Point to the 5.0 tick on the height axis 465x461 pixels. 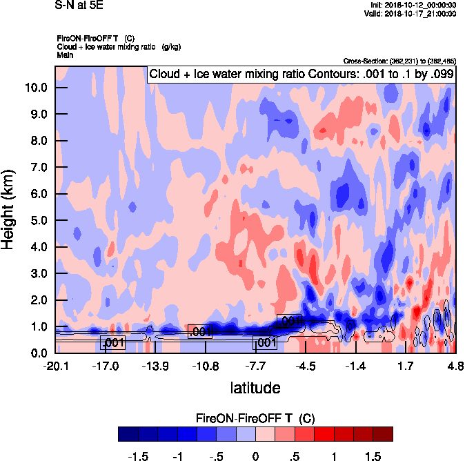click(x=37, y=221)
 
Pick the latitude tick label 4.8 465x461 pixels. click(x=455, y=366)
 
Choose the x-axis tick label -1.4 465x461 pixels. click(x=355, y=366)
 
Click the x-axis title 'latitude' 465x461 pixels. click(x=255, y=388)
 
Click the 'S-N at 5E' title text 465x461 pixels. click(x=81, y=5)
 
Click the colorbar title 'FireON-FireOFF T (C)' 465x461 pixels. click(x=255, y=418)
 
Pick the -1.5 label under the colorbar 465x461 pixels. click(x=139, y=455)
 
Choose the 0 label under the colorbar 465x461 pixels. click(x=255, y=455)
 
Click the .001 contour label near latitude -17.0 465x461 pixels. click(x=112, y=343)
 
